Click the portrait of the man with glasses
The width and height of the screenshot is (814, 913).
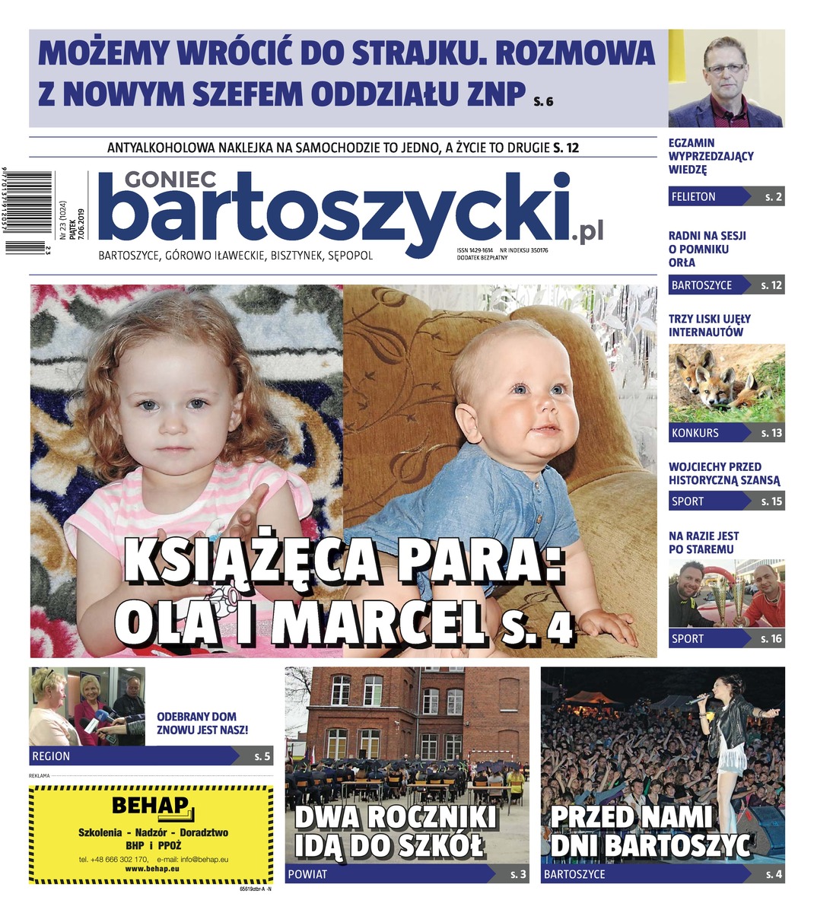pos(726,79)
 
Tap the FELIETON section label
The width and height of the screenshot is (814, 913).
pos(693,196)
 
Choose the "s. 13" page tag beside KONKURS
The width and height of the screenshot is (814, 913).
pos(771,433)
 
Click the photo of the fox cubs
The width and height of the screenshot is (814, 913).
pos(726,383)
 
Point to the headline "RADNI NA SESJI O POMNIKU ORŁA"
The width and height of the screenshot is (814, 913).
pos(707,249)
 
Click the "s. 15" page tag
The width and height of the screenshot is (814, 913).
pos(771,501)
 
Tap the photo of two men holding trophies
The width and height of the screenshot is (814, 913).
pos(726,593)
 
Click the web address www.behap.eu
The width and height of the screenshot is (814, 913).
pos(151,868)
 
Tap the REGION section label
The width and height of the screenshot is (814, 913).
pos(50,756)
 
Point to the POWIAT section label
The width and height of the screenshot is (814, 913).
pos(307,874)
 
